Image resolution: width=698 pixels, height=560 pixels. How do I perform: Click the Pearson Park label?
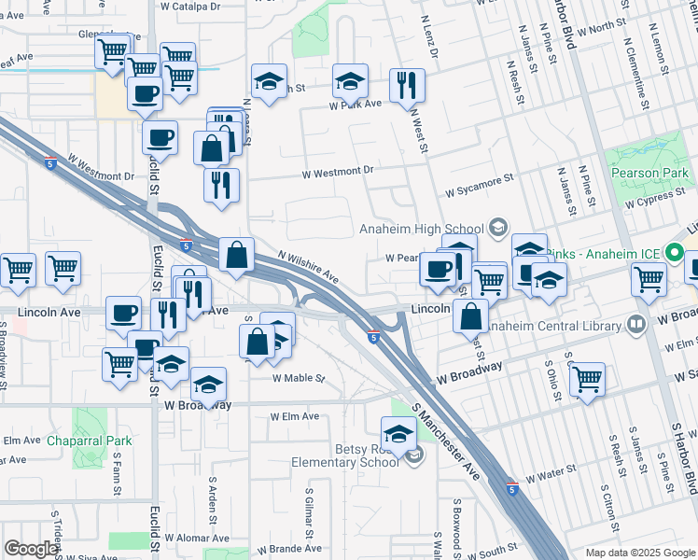pos(650,173)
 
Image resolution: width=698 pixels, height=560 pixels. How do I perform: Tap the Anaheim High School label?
pos(422,229)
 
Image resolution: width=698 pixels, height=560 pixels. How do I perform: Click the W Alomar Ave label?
pos(197,538)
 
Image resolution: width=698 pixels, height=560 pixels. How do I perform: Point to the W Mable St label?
pos(298,379)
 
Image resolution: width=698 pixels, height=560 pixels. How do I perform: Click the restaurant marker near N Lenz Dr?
pos(406,86)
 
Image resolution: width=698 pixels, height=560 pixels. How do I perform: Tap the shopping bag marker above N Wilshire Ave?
pos(237,255)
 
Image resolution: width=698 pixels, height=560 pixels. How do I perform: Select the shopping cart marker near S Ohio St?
pos(587,379)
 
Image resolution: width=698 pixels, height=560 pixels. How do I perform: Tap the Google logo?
pos(31,549)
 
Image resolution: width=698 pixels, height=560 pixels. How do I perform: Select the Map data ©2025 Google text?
pos(640,553)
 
